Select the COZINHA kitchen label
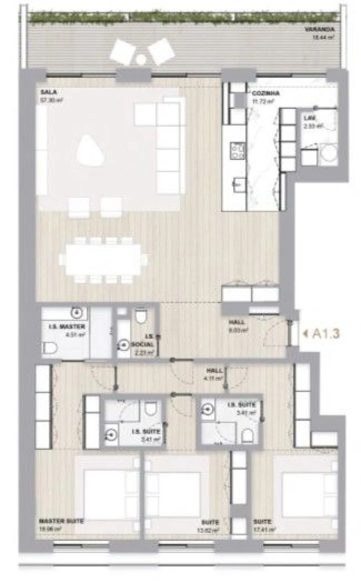[x=266, y=93]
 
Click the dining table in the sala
[x=103, y=259]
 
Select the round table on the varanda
[x=141, y=59]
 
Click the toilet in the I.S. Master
[x=50, y=348]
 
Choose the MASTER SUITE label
[x=61, y=521]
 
